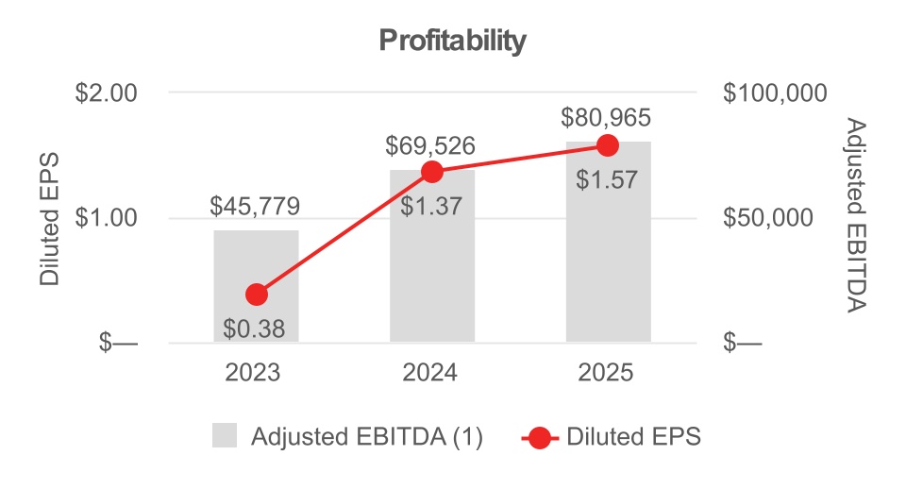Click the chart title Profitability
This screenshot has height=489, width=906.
click(452, 41)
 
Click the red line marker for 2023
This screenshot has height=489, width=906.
click(256, 295)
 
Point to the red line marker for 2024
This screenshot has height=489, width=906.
click(432, 172)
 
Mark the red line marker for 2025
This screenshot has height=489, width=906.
click(608, 145)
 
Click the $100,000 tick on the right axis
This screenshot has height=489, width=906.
click(774, 93)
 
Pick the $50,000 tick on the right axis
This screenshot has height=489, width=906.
click(768, 218)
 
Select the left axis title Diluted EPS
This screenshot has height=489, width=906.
click(48, 218)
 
